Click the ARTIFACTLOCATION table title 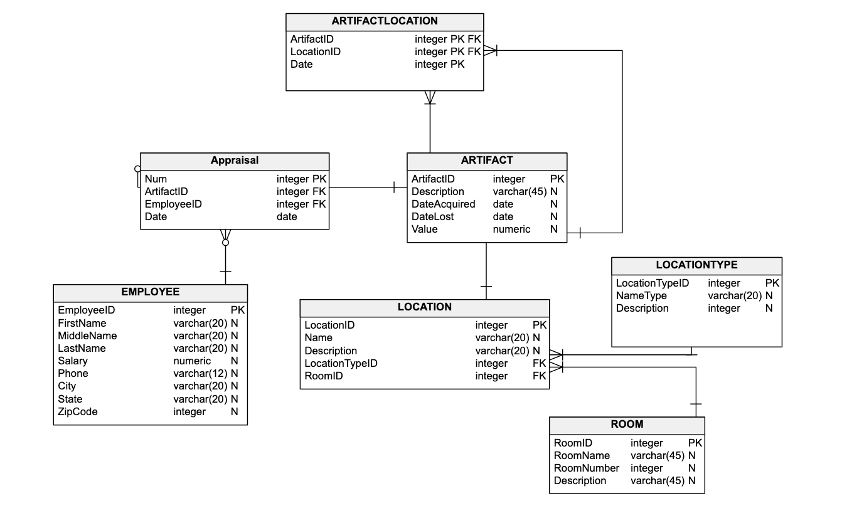pyautogui.click(x=385, y=21)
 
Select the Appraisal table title pyautogui.click(x=234, y=161)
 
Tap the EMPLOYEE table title pyautogui.click(x=150, y=292)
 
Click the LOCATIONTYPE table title pyautogui.click(x=696, y=265)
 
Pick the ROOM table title pyautogui.click(x=627, y=425)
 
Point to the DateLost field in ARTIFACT pyautogui.click(x=432, y=217)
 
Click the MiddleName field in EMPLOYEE pyautogui.click(x=87, y=336)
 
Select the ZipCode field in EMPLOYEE pyautogui.click(x=78, y=412)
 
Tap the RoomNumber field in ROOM pyautogui.click(x=586, y=468)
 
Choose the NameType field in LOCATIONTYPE pyautogui.click(x=641, y=296)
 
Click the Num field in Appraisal pyautogui.click(x=156, y=179)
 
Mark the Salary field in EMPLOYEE pyautogui.click(x=73, y=361)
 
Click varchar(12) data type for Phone pyautogui.click(x=200, y=374)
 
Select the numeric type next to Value pyautogui.click(x=511, y=230)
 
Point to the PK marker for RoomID pyautogui.click(x=695, y=443)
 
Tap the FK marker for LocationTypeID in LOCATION pyautogui.click(x=539, y=364)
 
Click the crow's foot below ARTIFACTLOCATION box pyautogui.click(x=430, y=97)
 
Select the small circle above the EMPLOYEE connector pyautogui.click(x=226, y=242)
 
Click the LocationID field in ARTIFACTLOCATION pyautogui.click(x=316, y=52)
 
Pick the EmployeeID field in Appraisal pyautogui.click(x=173, y=204)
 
